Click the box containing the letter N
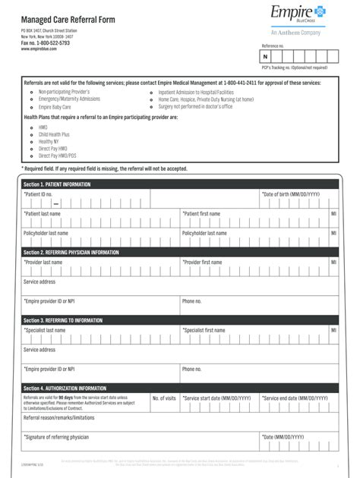click(265, 57)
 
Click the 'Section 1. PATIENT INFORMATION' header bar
click(57, 184)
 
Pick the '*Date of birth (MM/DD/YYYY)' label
click(291, 195)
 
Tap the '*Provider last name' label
click(43, 263)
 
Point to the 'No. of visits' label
click(163, 398)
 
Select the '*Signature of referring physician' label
click(56, 437)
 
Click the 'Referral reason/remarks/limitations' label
click(59, 417)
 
